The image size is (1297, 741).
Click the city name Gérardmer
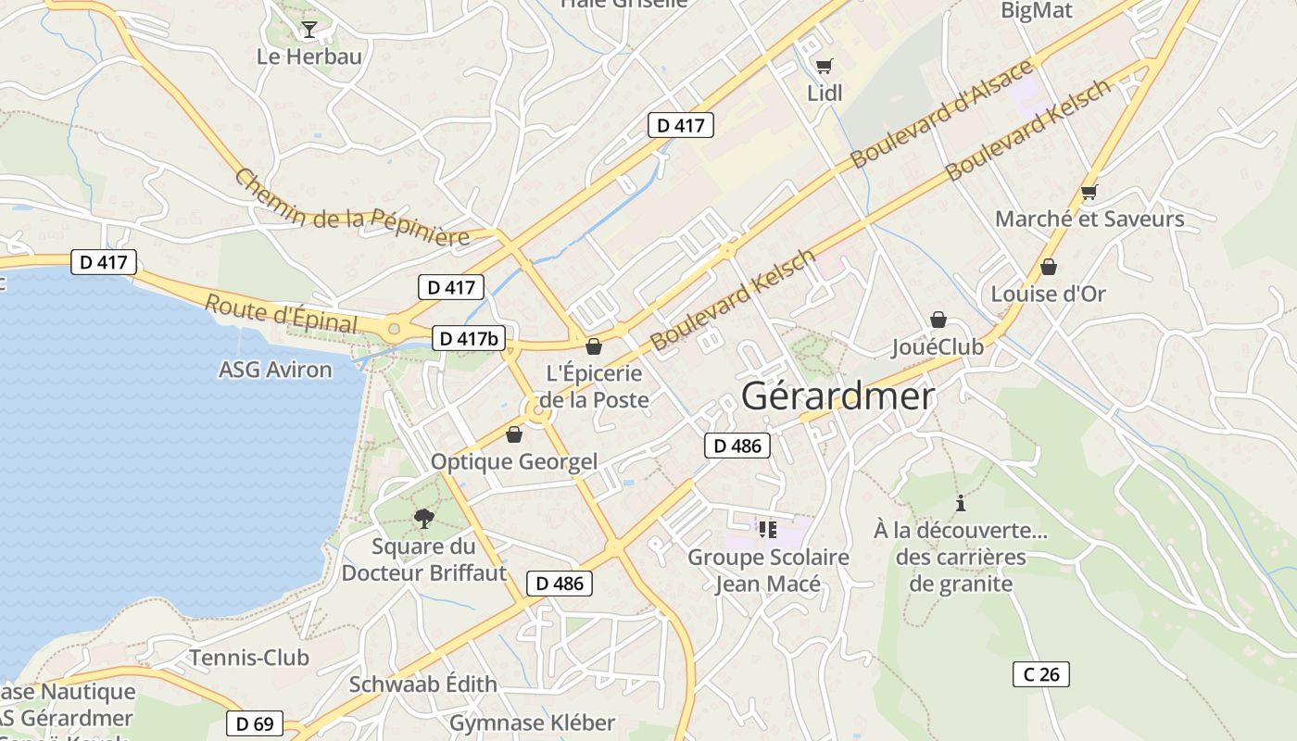click(837, 396)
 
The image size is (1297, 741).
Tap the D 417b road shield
click(470, 338)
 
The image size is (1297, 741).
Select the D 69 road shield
click(255, 723)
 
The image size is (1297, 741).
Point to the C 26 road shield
click(1040, 674)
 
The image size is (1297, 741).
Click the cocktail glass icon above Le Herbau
click(309, 30)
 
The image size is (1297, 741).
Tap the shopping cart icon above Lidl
click(824, 66)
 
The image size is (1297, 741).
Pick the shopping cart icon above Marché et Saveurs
click(1089, 193)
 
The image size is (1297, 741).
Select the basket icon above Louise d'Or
click(1049, 267)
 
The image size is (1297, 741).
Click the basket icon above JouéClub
click(938, 320)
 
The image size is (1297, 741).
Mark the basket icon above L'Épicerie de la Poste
click(594, 346)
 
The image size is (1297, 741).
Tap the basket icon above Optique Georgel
click(514, 433)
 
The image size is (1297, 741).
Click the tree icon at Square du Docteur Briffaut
click(424, 518)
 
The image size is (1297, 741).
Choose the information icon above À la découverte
click(961, 503)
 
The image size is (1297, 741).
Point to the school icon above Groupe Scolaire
click(767, 529)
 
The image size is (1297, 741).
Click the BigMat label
click(1037, 11)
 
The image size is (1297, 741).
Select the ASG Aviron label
click(275, 370)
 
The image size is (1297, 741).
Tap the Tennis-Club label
click(249, 658)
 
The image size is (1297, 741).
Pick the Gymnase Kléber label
click(532, 722)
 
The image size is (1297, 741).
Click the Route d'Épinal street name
click(281, 313)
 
